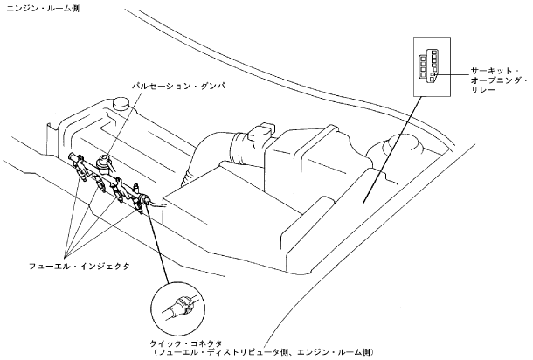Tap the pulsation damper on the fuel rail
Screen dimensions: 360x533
107,161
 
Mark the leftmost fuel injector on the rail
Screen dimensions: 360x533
80,165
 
